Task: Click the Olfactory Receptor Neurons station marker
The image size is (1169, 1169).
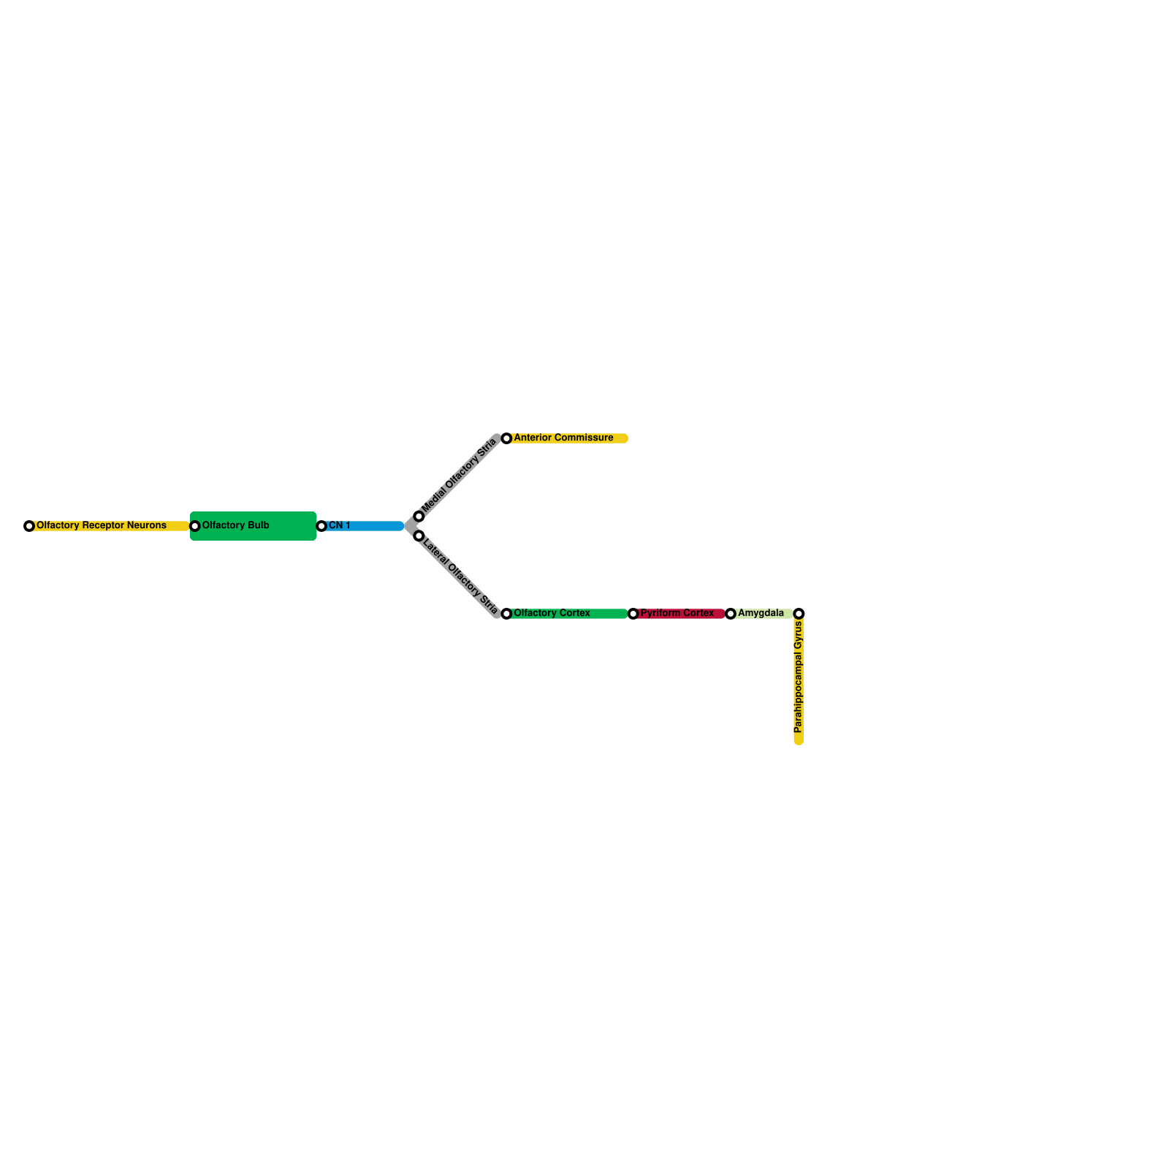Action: [x=29, y=526]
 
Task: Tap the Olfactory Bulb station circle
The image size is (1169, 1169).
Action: [x=195, y=526]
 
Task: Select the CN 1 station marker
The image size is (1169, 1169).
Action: [x=321, y=526]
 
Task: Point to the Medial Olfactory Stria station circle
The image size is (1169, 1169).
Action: [x=419, y=517]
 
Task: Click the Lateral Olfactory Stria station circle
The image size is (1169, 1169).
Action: [x=419, y=536]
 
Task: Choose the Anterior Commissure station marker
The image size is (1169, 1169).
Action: [x=506, y=438]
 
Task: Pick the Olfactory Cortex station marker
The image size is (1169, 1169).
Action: [x=506, y=614]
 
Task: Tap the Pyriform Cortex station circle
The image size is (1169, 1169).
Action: [x=633, y=614]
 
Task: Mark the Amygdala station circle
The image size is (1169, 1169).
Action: [x=731, y=614]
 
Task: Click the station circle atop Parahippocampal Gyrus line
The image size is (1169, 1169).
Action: [x=799, y=614]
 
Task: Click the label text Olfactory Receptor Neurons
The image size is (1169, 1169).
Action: [x=102, y=525]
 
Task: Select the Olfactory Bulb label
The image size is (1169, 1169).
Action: [x=236, y=525]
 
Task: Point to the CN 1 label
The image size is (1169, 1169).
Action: [x=340, y=525]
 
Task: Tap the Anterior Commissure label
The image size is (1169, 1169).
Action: [x=563, y=438]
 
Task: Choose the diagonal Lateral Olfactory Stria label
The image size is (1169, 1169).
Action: [x=460, y=577]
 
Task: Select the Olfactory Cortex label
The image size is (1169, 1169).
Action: [x=552, y=613]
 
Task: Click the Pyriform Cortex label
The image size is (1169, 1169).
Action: [x=677, y=613]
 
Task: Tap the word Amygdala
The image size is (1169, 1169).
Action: [x=761, y=613]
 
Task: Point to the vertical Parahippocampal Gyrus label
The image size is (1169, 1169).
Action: [x=799, y=677]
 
